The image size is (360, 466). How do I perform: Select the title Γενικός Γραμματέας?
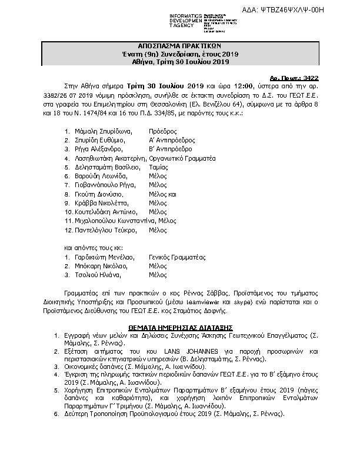point(177,257)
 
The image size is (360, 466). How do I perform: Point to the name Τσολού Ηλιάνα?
point(94,275)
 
